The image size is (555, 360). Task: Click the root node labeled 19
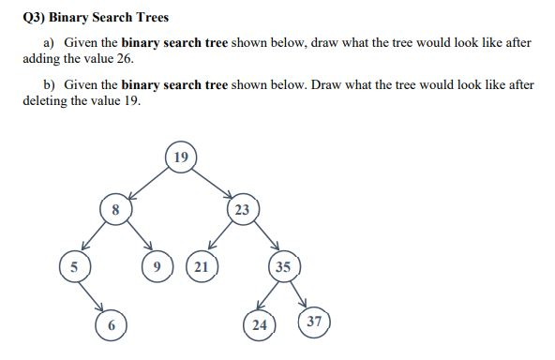tap(181, 157)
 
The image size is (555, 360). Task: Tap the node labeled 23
tap(242, 209)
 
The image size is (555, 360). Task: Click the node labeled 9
tap(157, 267)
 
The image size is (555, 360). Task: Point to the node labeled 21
tap(202, 267)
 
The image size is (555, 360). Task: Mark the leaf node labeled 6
tap(111, 324)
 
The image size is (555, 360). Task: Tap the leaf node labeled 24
tap(258, 325)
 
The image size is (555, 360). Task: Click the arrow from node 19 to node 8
tap(147, 184)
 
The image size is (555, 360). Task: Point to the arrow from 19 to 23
tap(213, 184)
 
